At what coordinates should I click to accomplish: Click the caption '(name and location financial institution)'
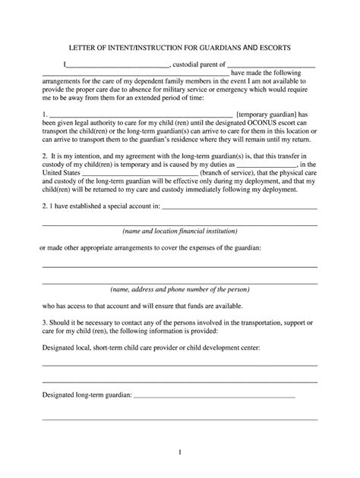tap(180, 231)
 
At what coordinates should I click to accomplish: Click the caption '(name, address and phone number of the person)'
tap(180, 290)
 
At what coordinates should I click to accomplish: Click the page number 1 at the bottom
tap(180, 453)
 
